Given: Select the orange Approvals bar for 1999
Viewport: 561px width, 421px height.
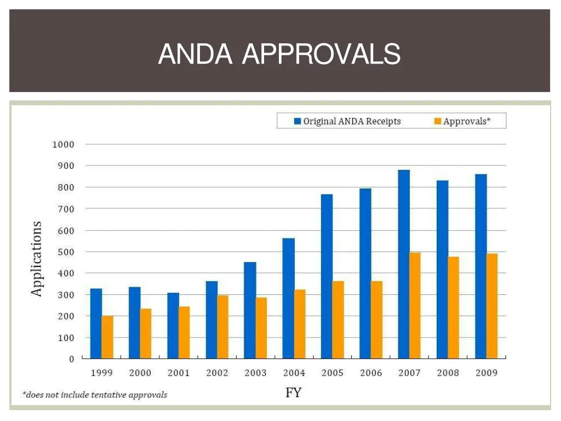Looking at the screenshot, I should [x=107, y=337].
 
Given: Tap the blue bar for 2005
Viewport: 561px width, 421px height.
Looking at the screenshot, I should [x=327, y=276].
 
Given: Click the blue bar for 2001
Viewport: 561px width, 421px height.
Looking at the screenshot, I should [x=173, y=326].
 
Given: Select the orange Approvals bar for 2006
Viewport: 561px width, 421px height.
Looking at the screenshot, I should [x=377, y=320].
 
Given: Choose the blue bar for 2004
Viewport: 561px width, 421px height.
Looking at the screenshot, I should [x=288, y=298].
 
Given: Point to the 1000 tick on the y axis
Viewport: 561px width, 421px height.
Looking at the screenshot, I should [x=63, y=145].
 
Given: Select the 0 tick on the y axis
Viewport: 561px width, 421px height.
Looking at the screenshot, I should [x=71, y=359].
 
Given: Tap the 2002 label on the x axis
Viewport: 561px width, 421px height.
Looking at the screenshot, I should [x=217, y=373].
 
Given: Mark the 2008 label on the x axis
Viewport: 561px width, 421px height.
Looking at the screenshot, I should [x=448, y=373].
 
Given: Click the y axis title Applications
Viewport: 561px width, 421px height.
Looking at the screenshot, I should [x=36, y=259].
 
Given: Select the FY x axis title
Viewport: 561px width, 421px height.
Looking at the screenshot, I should [x=294, y=392].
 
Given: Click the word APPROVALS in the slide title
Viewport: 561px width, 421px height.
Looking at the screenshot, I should [x=321, y=54].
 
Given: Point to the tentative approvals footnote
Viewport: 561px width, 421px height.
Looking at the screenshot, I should [x=94, y=395].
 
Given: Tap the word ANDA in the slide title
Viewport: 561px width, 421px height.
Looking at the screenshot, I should [x=194, y=54].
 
